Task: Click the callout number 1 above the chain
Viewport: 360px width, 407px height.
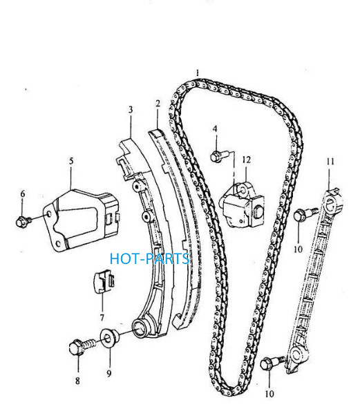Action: tap(198, 73)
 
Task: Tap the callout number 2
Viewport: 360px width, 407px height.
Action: tap(158, 104)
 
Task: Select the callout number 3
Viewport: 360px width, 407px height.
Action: tap(131, 110)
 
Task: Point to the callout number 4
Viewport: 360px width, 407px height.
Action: tap(215, 129)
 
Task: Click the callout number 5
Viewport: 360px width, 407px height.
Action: tap(71, 161)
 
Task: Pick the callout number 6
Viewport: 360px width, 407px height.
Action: tap(23, 194)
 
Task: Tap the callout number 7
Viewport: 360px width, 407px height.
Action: tap(102, 317)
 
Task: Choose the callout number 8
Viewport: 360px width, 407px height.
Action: tap(77, 381)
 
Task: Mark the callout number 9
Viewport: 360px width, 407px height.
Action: tap(109, 373)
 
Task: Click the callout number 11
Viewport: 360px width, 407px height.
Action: tap(330, 162)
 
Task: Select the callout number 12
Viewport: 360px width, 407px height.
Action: tap(246, 160)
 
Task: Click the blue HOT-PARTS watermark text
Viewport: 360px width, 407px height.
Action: tap(149, 259)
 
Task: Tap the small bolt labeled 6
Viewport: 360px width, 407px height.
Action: tap(23, 221)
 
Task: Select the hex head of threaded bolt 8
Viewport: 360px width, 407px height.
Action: tap(77, 348)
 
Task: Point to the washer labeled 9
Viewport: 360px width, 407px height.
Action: tap(109, 337)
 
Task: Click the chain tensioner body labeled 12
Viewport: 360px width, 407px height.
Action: tap(242, 205)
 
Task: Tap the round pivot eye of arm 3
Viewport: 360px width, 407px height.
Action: tap(140, 329)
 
